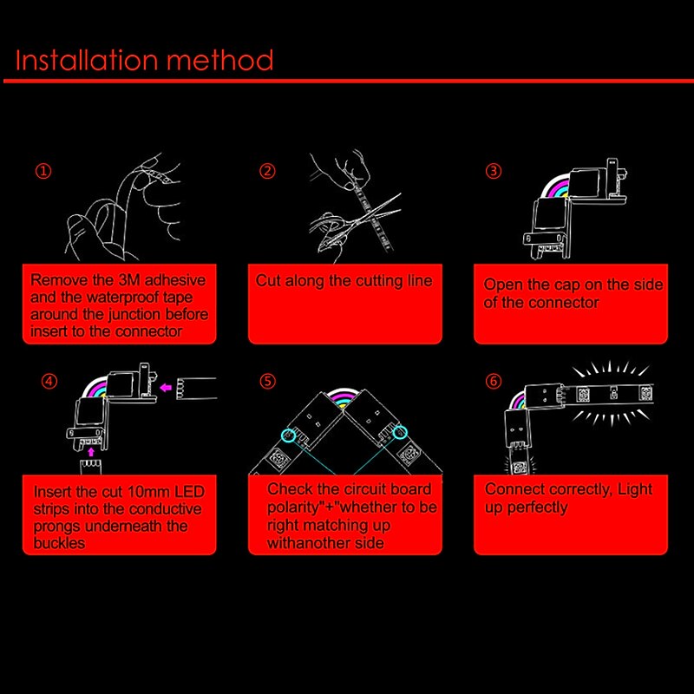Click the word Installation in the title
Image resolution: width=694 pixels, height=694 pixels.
click(x=87, y=60)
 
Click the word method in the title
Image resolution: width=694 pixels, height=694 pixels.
click(x=220, y=60)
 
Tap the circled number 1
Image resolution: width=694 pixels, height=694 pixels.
click(x=43, y=171)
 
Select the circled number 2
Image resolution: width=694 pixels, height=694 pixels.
click(x=267, y=171)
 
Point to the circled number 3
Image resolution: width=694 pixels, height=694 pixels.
click(x=494, y=171)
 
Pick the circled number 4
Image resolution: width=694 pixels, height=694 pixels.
click(x=49, y=381)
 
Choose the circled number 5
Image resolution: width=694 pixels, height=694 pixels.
click(x=267, y=381)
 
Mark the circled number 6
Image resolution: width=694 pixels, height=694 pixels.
click(x=494, y=381)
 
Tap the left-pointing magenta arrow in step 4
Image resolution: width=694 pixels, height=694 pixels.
click(x=166, y=388)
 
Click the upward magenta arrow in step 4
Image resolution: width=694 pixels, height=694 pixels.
click(x=91, y=452)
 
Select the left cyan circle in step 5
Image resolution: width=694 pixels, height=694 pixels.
click(x=288, y=435)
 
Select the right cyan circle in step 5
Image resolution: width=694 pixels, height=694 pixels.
click(x=400, y=432)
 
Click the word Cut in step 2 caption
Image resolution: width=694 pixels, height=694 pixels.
click(x=268, y=280)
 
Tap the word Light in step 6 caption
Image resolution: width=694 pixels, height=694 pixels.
click(x=635, y=489)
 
